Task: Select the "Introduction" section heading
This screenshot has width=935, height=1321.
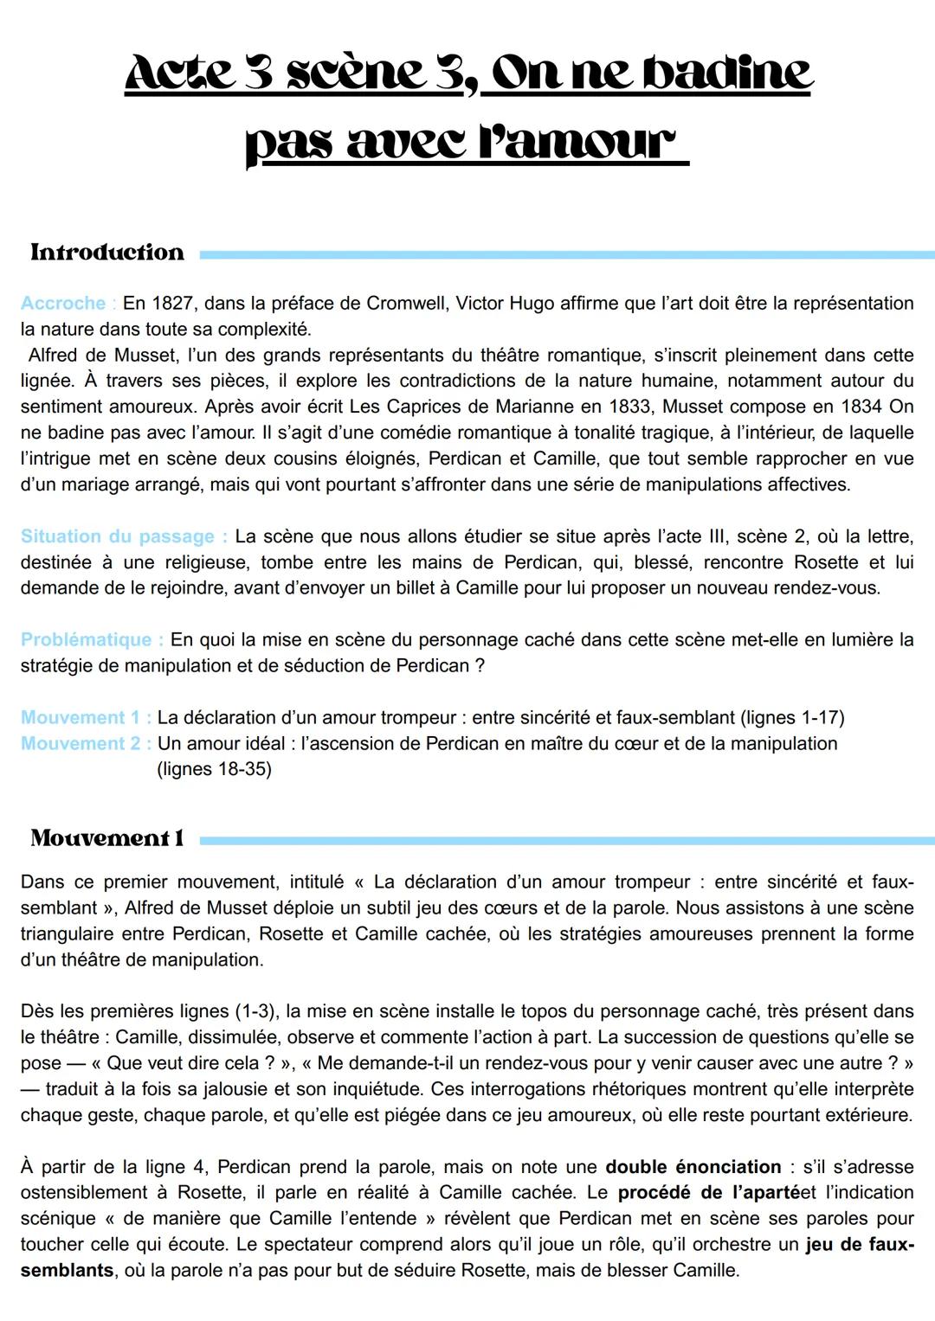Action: coord(107,253)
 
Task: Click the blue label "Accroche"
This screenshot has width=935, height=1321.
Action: coord(63,304)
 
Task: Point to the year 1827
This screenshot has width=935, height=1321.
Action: coord(173,304)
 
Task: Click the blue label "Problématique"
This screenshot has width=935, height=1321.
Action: coord(87,640)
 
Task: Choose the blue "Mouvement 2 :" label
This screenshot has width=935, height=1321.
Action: coord(87,744)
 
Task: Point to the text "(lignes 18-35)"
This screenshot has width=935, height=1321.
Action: coord(214,770)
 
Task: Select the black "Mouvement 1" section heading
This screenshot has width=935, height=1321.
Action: coord(107,838)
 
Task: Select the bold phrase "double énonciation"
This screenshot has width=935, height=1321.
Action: coord(693,1167)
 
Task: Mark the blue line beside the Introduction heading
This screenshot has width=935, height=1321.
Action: coord(567,254)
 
